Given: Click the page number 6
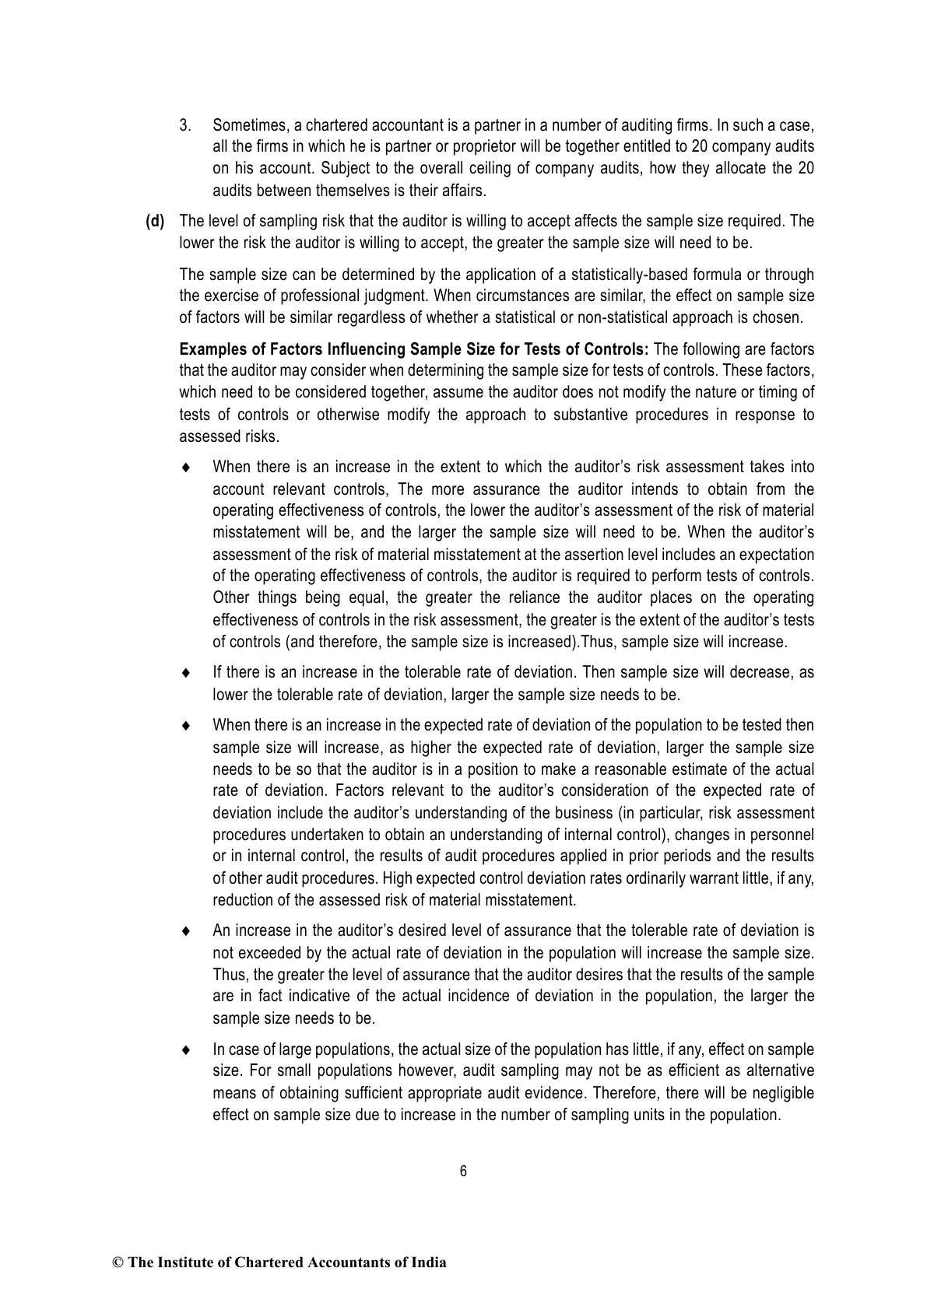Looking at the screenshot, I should (x=463, y=1172).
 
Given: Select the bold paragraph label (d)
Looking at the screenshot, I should (x=156, y=221).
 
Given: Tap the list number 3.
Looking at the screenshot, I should (x=186, y=124).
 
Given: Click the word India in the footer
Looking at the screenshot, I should (x=429, y=1263).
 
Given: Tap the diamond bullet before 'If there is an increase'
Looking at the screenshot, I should (x=185, y=672).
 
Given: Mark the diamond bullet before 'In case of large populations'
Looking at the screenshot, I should (x=185, y=1049).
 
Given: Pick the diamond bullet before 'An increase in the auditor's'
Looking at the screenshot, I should (x=185, y=931).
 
